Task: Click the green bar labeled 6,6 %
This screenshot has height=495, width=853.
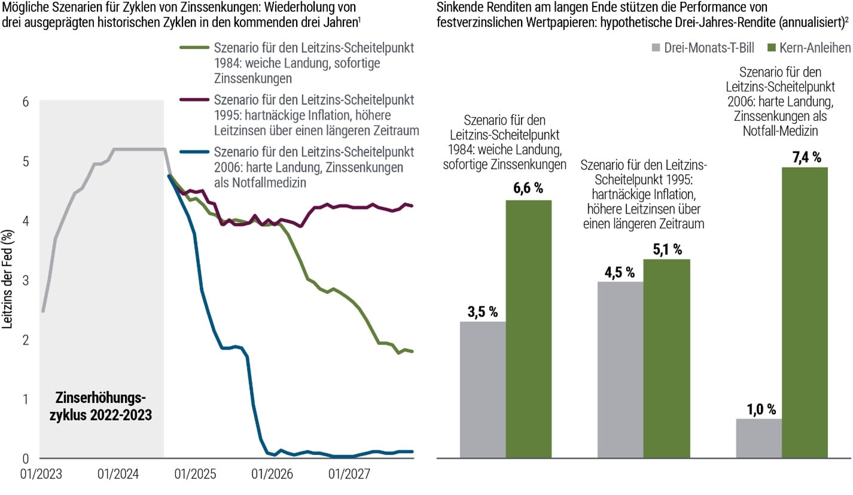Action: pyautogui.click(x=528, y=329)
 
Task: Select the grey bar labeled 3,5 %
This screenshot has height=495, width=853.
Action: pyautogui.click(x=482, y=390)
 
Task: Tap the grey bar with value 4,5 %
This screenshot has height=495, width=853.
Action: pyautogui.click(x=620, y=369)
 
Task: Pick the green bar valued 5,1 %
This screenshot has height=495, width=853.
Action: pyautogui.click(x=666, y=359)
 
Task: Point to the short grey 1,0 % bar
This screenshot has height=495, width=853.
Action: pyautogui.click(x=758, y=438)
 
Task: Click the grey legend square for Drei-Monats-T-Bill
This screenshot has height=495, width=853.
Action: pyautogui.click(x=657, y=47)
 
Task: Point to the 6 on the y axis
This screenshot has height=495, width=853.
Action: pyautogui.click(x=26, y=102)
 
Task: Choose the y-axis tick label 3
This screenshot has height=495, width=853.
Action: pyautogui.click(x=26, y=280)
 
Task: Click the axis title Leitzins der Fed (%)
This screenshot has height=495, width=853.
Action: pyautogui.click(x=8, y=281)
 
